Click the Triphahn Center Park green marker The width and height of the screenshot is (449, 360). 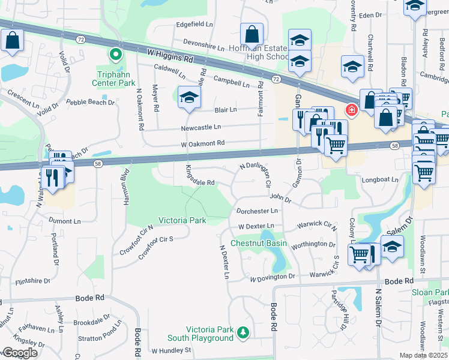[115, 55]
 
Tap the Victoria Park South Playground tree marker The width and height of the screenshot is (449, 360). [243, 332]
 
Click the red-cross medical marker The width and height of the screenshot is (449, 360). [350, 110]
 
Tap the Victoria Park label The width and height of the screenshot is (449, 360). [182, 220]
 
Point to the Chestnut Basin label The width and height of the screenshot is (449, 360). [259, 244]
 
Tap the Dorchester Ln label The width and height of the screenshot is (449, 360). [257, 211]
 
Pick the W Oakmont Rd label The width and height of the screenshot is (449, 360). [202, 143]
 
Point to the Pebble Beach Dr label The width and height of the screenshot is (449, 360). [90, 103]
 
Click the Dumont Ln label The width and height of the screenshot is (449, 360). [64, 221]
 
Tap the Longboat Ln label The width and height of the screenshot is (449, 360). [380, 179]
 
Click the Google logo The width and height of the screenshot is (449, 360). [19, 353]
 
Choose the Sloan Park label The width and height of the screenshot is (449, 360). [430, 292]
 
